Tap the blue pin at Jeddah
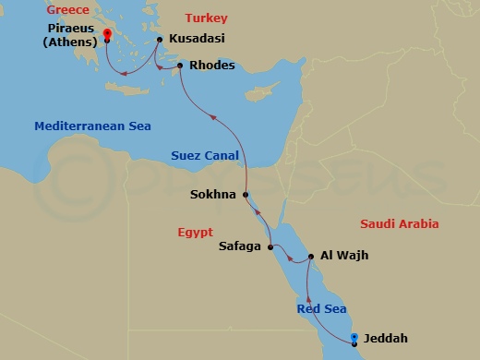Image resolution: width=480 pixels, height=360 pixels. point(356,339)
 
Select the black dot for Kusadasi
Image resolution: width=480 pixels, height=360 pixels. point(160,40)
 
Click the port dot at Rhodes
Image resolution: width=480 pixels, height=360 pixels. point(179,66)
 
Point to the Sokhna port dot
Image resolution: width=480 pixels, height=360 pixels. point(246,195)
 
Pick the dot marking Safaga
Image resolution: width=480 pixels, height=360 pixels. point(270,247)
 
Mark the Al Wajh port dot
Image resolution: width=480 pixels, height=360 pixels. point(310,256)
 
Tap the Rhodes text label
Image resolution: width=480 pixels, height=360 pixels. point(211,66)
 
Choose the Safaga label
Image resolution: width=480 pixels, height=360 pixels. point(242,246)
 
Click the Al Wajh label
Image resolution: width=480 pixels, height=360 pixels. point(344,256)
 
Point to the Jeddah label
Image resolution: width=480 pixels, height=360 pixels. point(386,339)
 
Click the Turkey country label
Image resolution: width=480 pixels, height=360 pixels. point(205,18)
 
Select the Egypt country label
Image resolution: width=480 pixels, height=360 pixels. point(195,232)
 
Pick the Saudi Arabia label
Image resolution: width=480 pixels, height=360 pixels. point(399,224)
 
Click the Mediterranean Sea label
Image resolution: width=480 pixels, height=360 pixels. point(92,126)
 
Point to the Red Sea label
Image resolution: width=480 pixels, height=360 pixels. point(320,308)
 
